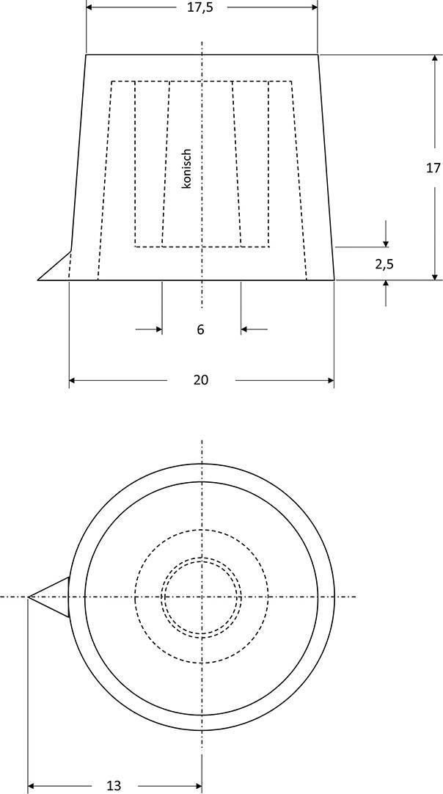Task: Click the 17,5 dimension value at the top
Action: [x=201, y=8]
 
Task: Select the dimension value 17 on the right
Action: [x=433, y=168]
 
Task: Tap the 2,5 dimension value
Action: [x=384, y=264]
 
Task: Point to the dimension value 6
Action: [x=200, y=330]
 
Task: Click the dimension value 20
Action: [x=201, y=380]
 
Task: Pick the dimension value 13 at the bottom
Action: [x=114, y=785]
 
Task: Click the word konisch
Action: [x=186, y=170]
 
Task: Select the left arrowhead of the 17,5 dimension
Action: [x=91, y=8]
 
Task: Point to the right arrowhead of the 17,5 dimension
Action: [x=313, y=8]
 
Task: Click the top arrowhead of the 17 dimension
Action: [x=433, y=59]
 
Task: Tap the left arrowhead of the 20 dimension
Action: [x=73, y=380]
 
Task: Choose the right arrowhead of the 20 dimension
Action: [x=329, y=380]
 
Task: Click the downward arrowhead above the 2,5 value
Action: [x=386, y=242]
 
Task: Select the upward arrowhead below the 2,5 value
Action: [x=386, y=285]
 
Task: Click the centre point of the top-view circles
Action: [x=202, y=597]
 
